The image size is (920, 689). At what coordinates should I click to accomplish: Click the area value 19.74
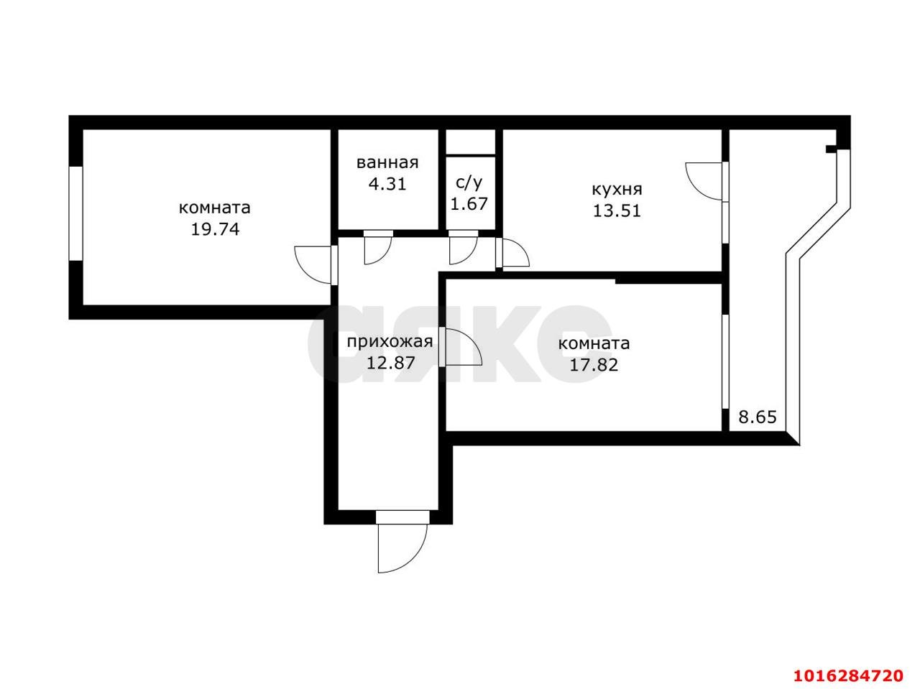(x=214, y=230)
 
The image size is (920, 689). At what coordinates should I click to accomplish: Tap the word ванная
(x=387, y=163)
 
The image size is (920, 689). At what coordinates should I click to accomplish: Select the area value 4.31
(x=387, y=183)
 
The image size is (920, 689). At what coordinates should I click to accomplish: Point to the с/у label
(x=469, y=182)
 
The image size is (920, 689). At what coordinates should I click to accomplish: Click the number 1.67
(x=469, y=203)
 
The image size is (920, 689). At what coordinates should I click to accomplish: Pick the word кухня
(x=617, y=190)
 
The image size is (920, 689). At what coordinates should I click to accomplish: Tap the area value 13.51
(x=617, y=211)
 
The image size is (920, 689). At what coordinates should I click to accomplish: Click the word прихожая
(x=390, y=341)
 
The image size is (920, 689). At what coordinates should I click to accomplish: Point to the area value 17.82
(x=594, y=364)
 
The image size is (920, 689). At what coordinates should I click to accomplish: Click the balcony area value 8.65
(x=758, y=417)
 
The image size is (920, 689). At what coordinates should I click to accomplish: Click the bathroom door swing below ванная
(x=377, y=249)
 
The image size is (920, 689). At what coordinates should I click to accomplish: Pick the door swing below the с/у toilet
(x=463, y=249)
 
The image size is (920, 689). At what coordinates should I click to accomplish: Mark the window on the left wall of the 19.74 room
(x=75, y=213)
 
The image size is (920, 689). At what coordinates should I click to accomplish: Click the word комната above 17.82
(x=594, y=343)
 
